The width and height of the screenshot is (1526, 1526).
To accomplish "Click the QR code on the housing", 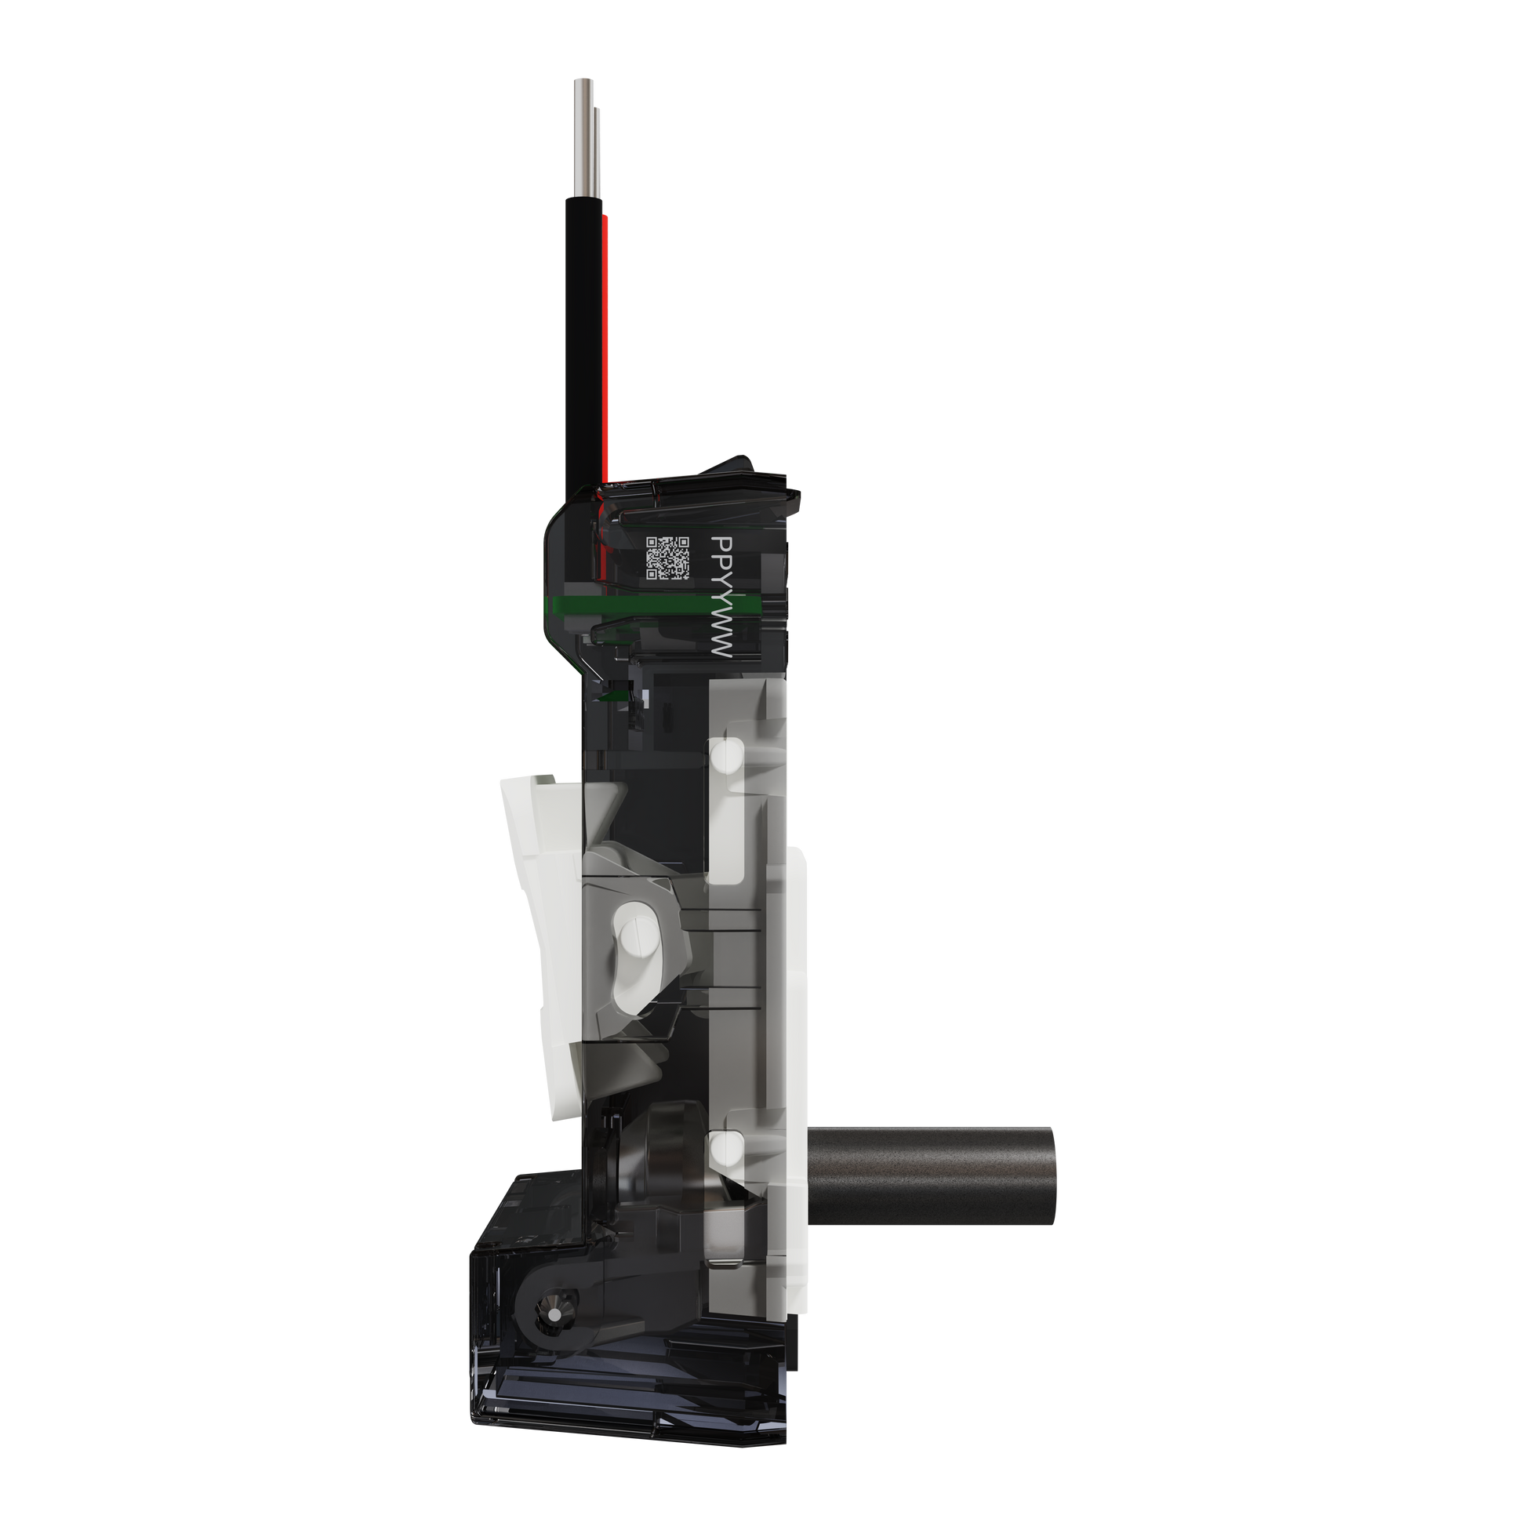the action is click(x=667, y=558).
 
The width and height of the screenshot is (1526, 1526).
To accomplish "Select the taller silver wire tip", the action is click(x=583, y=139).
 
